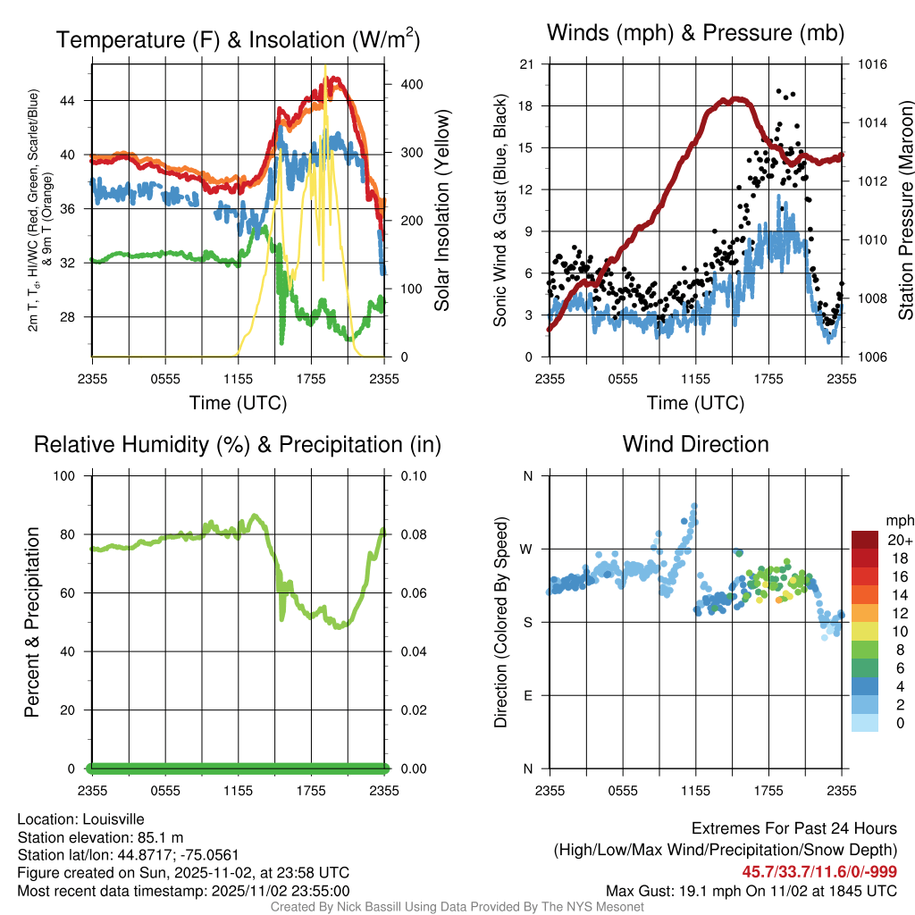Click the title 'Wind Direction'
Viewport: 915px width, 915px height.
[x=695, y=444]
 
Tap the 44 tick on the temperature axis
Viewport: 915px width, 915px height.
[x=77, y=100]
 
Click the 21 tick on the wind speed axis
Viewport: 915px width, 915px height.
[x=527, y=64]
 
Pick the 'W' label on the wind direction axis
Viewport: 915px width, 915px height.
[x=527, y=549]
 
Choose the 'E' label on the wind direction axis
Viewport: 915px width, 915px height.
[x=528, y=695]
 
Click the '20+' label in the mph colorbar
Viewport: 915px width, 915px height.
[x=898, y=540]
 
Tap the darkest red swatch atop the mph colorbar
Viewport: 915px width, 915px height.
[x=865, y=540]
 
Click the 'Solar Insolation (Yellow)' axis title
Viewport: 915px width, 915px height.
[x=441, y=210]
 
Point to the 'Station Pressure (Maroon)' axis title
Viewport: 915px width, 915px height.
[x=905, y=210]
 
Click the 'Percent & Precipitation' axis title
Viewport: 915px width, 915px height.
[x=31, y=622]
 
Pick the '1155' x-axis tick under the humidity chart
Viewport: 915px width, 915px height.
[x=239, y=790]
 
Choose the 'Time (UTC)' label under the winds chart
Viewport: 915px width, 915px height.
[x=695, y=403]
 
